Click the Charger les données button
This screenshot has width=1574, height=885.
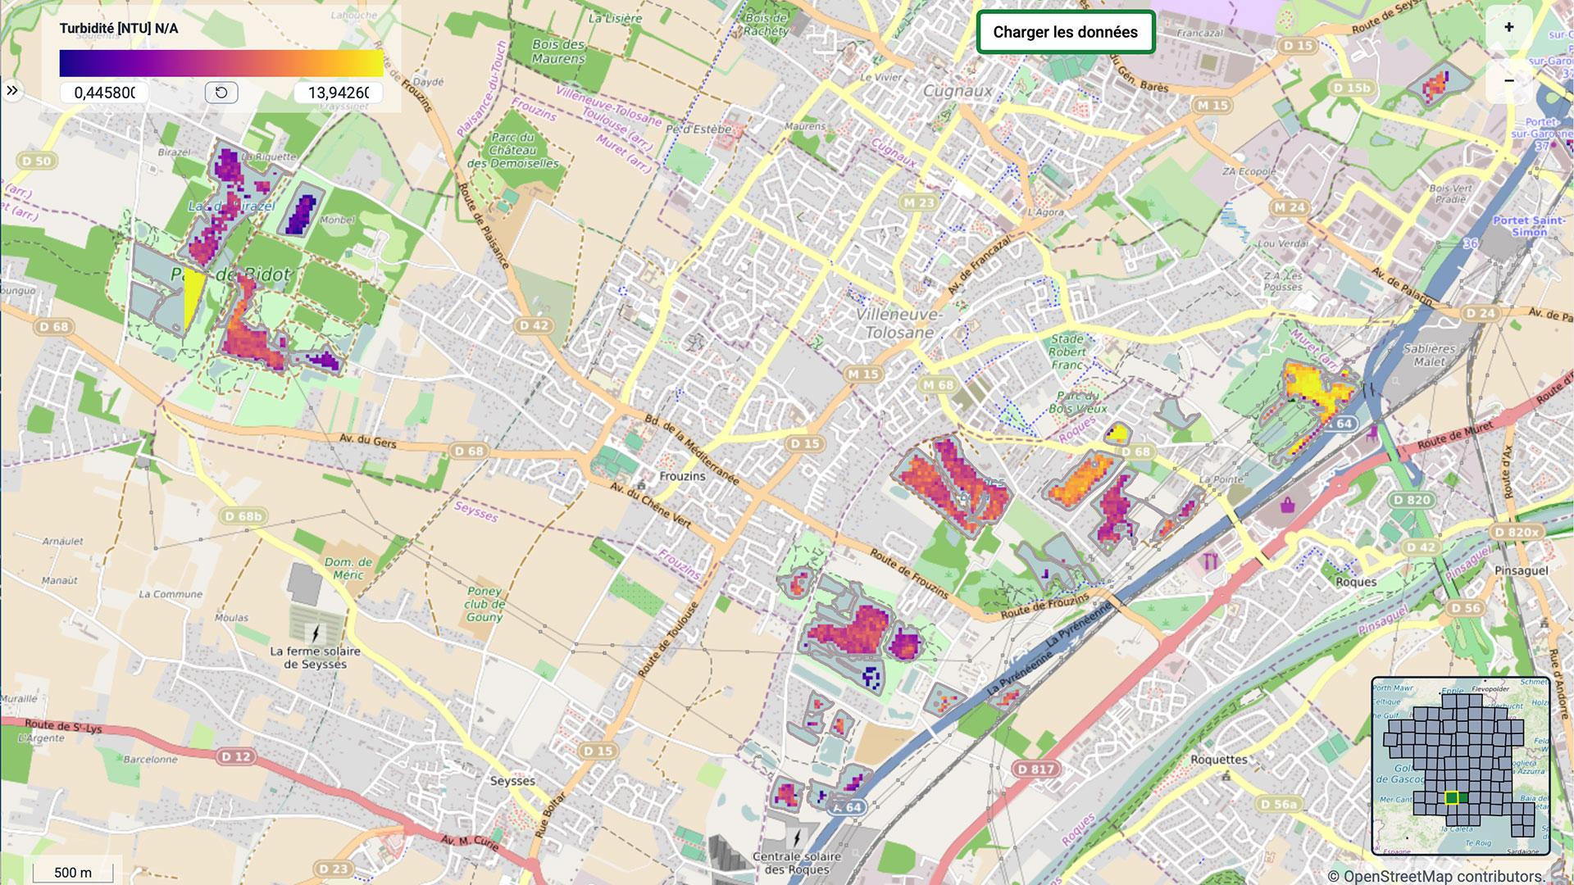(1065, 32)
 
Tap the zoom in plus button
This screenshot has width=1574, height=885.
(1508, 27)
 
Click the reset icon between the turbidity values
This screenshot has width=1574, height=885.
(221, 93)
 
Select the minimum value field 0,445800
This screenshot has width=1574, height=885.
(104, 93)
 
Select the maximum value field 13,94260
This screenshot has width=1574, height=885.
(338, 93)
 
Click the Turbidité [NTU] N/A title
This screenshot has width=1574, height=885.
(119, 29)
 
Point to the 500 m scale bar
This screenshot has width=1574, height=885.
(73, 872)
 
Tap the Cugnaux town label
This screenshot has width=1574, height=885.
(958, 91)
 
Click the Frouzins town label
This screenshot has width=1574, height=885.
(682, 476)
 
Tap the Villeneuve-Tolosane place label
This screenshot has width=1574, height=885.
(899, 324)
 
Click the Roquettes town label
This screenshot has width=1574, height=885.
(1218, 760)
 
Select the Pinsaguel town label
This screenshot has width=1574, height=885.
(1522, 570)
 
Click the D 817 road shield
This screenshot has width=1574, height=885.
(1036, 769)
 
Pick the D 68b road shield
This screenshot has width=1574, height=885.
(244, 515)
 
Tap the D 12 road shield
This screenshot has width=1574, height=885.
(236, 756)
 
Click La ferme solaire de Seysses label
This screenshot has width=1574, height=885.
(315, 657)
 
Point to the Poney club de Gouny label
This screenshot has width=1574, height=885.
(484, 604)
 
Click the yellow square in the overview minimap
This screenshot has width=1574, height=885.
(1451, 797)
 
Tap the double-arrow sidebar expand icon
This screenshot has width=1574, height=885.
(12, 90)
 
